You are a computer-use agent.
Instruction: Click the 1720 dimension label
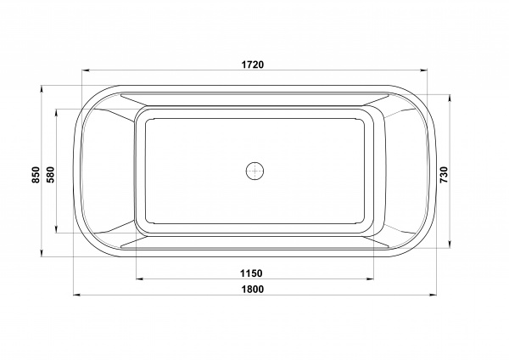click(x=253, y=65)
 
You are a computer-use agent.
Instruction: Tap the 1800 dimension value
click(x=253, y=289)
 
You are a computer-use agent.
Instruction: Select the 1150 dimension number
click(x=251, y=273)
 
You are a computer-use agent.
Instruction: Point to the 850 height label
click(x=36, y=174)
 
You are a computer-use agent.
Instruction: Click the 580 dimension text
click(x=51, y=174)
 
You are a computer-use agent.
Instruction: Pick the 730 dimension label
click(x=444, y=174)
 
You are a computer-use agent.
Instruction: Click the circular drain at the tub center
click(x=255, y=171)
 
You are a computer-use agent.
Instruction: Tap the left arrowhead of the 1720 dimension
click(x=86, y=70)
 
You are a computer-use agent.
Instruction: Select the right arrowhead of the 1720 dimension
click(x=423, y=70)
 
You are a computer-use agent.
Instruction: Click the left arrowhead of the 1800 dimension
click(x=77, y=295)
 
